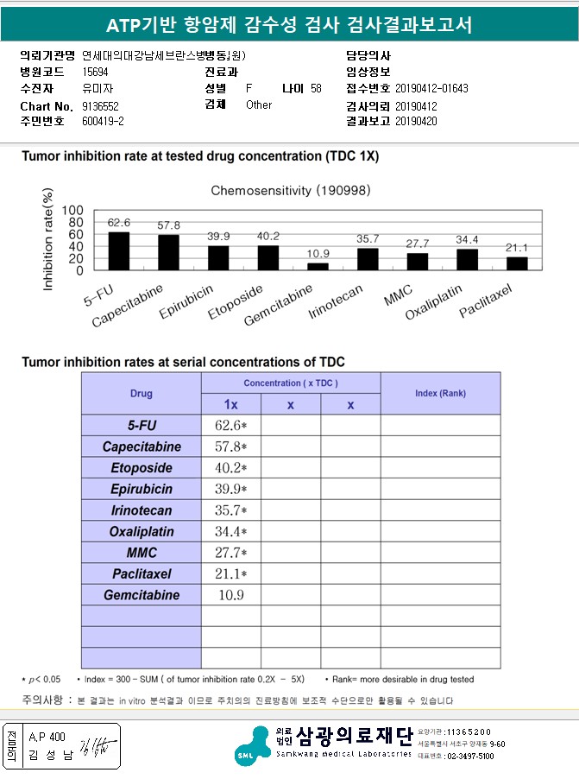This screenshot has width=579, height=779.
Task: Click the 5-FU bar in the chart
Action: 118,250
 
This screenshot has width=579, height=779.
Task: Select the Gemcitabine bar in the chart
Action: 318,266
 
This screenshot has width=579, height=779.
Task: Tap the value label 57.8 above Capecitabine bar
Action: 168,225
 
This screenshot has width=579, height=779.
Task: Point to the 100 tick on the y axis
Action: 73,210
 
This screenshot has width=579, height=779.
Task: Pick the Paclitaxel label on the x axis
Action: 487,299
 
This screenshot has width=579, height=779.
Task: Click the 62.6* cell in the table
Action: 230,426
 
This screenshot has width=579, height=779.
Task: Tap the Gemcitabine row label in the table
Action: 142,595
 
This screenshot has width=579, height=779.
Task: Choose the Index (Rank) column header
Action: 440,393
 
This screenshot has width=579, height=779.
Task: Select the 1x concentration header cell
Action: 230,404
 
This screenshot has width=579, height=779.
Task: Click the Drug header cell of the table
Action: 142,393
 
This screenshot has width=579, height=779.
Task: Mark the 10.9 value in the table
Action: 230,595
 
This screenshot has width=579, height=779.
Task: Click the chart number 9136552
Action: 100,105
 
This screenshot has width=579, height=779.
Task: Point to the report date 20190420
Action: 416,121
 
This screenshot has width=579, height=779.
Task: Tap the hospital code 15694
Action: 95,73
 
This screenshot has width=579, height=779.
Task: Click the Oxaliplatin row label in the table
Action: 142,532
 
